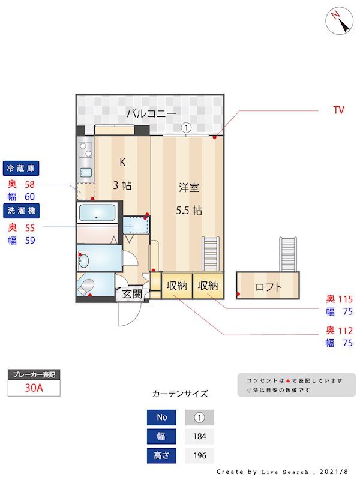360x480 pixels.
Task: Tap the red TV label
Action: (338, 110)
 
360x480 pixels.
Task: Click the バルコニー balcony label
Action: (151, 113)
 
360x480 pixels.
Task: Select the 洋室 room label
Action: (189, 188)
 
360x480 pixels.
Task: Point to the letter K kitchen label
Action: (122, 162)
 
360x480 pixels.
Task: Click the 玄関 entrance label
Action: (132, 294)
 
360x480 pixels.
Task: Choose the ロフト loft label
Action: (268, 287)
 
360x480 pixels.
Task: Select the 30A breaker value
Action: (34, 388)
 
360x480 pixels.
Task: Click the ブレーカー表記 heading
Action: (34, 374)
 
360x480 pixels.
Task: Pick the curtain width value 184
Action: (200, 436)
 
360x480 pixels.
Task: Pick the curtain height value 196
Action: (200, 455)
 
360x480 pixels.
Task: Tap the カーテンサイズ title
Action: (180, 394)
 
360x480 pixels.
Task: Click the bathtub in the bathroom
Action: (97, 213)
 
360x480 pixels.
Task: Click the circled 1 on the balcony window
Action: (186, 128)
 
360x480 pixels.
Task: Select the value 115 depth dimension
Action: (345, 299)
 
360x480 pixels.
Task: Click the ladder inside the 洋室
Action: (211, 254)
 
